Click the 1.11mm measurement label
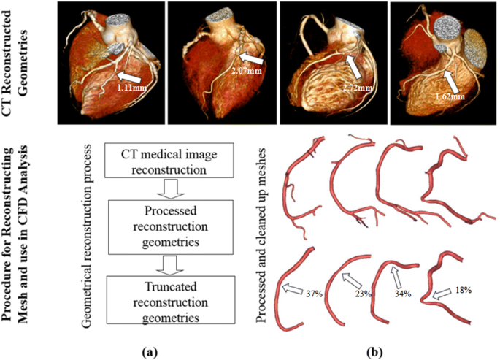point(134,86)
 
